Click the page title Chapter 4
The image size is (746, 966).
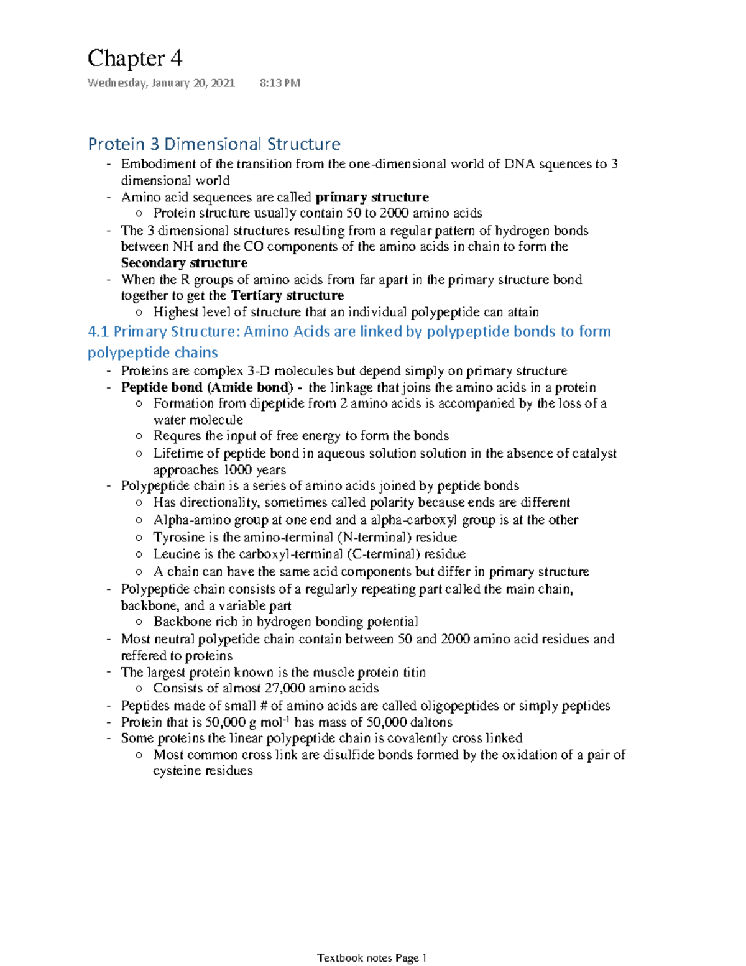[134, 58]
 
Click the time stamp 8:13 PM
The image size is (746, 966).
[279, 83]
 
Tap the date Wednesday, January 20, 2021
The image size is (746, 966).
[161, 83]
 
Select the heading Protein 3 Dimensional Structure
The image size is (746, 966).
[214, 144]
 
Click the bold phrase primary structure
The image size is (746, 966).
[372, 197]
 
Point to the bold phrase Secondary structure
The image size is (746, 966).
[183, 263]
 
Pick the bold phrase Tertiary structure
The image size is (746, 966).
[287, 295]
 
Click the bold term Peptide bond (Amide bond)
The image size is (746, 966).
[206, 387]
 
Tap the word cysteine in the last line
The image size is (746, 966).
[177, 771]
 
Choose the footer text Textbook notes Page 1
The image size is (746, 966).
[372, 958]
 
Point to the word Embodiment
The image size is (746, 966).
[158, 164]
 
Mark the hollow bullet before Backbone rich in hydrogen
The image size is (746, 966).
[139, 622]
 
